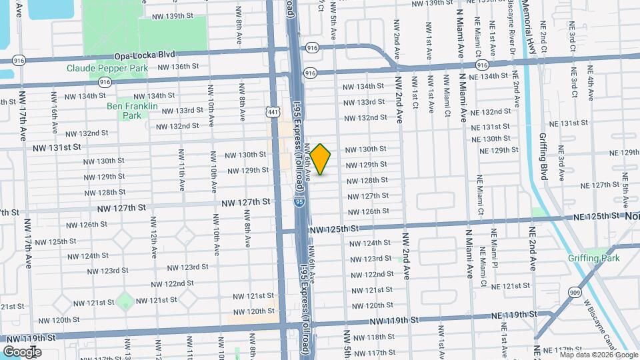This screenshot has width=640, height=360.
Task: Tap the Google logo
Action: pyautogui.click(x=22, y=352)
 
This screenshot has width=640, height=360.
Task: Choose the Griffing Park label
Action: pyautogui.click(x=594, y=259)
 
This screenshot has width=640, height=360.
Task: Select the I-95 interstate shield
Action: pyautogui.click(x=301, y=200)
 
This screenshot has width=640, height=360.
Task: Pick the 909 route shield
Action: pyautogui.click(x=575, y=292)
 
